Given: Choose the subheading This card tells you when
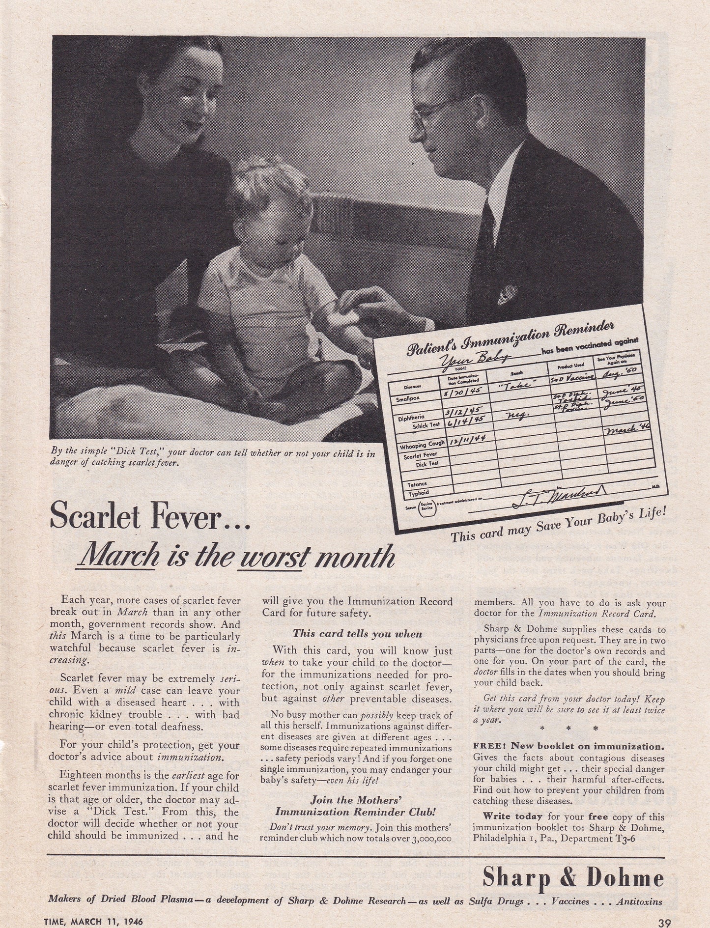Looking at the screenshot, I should [357, 634].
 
